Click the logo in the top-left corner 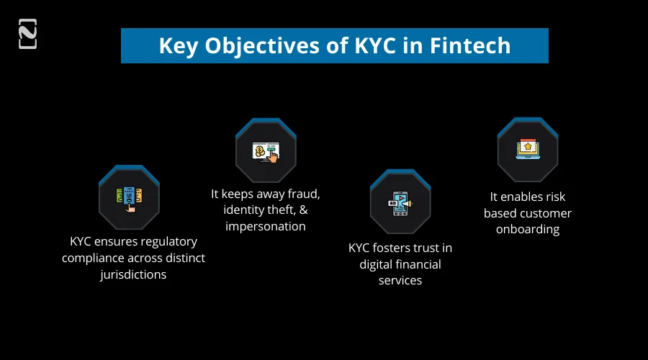pos(27,34)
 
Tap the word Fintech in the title pos(470,45)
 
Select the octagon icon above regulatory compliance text pos(129,197)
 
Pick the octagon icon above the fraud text pos(266,150)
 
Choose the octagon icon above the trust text pos(400,203)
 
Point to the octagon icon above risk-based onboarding pos(527,150)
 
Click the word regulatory pos(169,241)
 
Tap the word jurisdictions pos(133,274)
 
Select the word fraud pos(303,194)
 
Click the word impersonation pos(266,226)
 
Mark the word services pos(400,280)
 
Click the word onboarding pos(528,230)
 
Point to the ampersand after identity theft pos(303,210)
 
